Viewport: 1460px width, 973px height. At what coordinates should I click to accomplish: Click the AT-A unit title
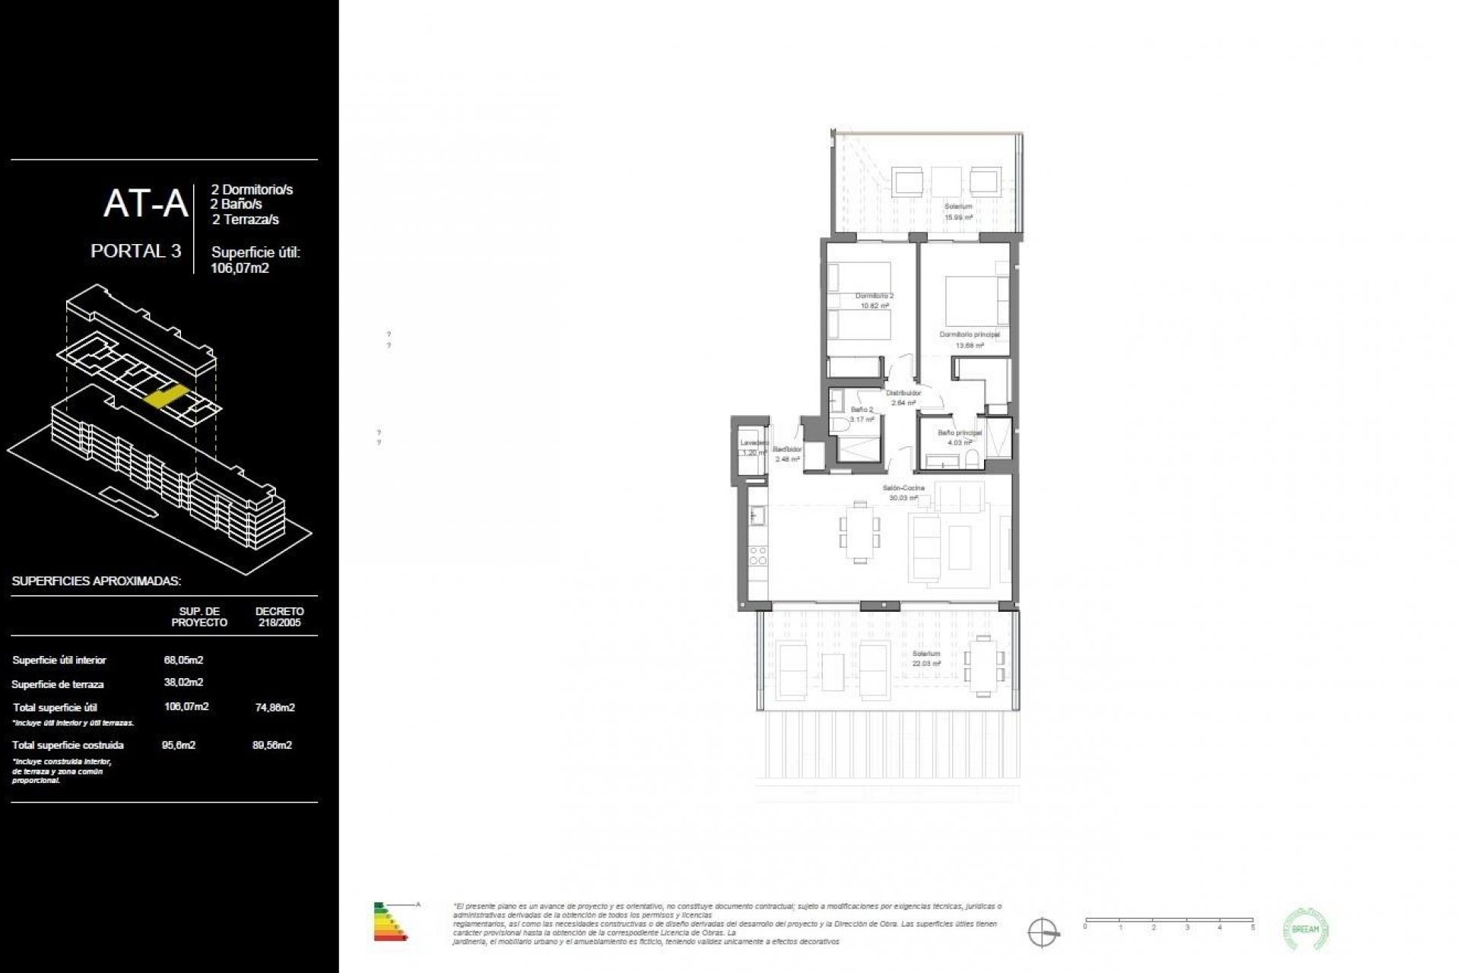pos(145,204)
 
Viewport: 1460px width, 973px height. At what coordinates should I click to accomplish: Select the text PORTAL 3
pos(135,251)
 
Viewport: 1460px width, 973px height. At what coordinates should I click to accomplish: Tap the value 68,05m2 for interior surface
pos(183,660)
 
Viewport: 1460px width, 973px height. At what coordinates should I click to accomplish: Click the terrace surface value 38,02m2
pos(183,683)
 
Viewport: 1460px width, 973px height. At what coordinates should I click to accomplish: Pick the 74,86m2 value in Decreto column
pos(275,707)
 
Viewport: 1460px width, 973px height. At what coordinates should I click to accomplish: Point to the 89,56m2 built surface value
pos(272,745)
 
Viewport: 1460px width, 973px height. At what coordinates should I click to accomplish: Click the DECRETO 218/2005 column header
pos(279,616)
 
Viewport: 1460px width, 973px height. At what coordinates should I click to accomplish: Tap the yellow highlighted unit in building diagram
pos(167,397)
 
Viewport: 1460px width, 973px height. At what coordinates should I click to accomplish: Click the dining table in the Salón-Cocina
pos(860,531)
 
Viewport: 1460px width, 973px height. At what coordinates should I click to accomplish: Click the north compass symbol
pos(1043,931)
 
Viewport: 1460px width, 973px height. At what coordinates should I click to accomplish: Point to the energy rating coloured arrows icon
pos(390,921)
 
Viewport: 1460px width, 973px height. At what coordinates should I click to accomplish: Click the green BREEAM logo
pos(1306,929)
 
